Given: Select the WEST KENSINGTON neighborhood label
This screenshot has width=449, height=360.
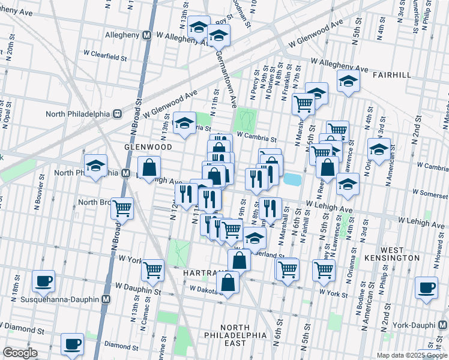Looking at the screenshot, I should coord(400,253).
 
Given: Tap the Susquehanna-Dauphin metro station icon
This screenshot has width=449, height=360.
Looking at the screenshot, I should coord(106,298).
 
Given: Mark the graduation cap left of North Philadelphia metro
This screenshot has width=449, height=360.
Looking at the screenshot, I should coord(95,166).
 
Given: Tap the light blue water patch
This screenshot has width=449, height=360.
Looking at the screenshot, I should coord(292,179).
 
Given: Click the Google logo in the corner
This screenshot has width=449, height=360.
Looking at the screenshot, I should coord(20,353).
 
